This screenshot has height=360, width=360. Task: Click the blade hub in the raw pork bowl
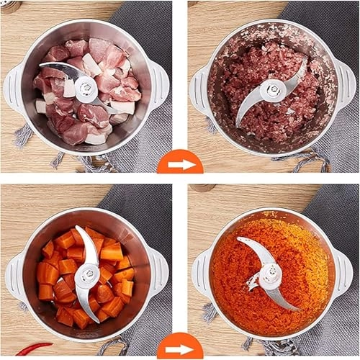(86, 89)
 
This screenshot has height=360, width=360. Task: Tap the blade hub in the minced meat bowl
(273, 90)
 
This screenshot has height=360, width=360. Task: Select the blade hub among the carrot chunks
(88, 275)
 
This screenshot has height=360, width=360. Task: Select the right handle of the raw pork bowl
(159, 85)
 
